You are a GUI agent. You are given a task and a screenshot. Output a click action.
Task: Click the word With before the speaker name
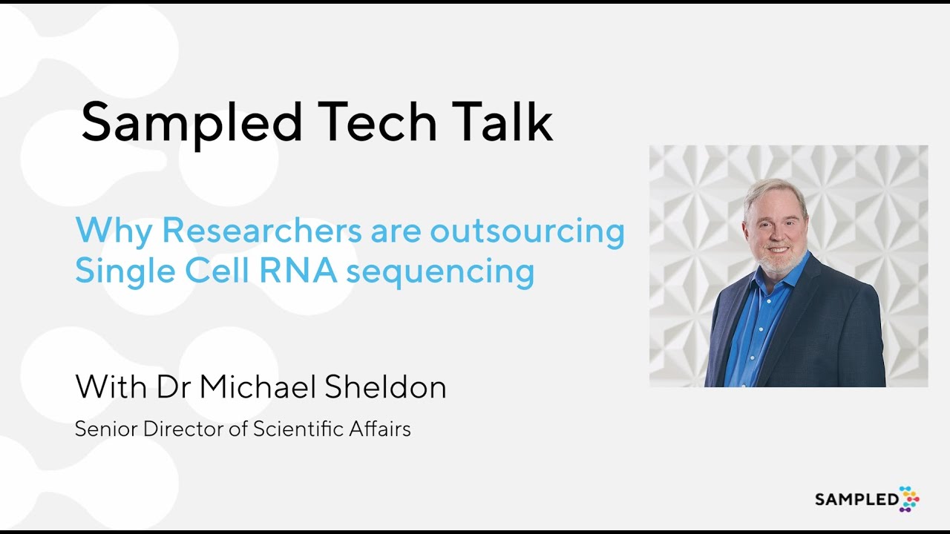pyautogui.click(x=111, y=386)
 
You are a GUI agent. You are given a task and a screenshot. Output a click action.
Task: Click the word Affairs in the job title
pyautogui.click(x=383, y=429)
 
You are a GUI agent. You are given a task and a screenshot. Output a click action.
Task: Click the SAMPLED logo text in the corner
pyautogui.click(x=856, y=500)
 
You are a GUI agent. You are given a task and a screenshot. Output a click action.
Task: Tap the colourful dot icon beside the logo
pyautogui.click(x=909, y=498)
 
